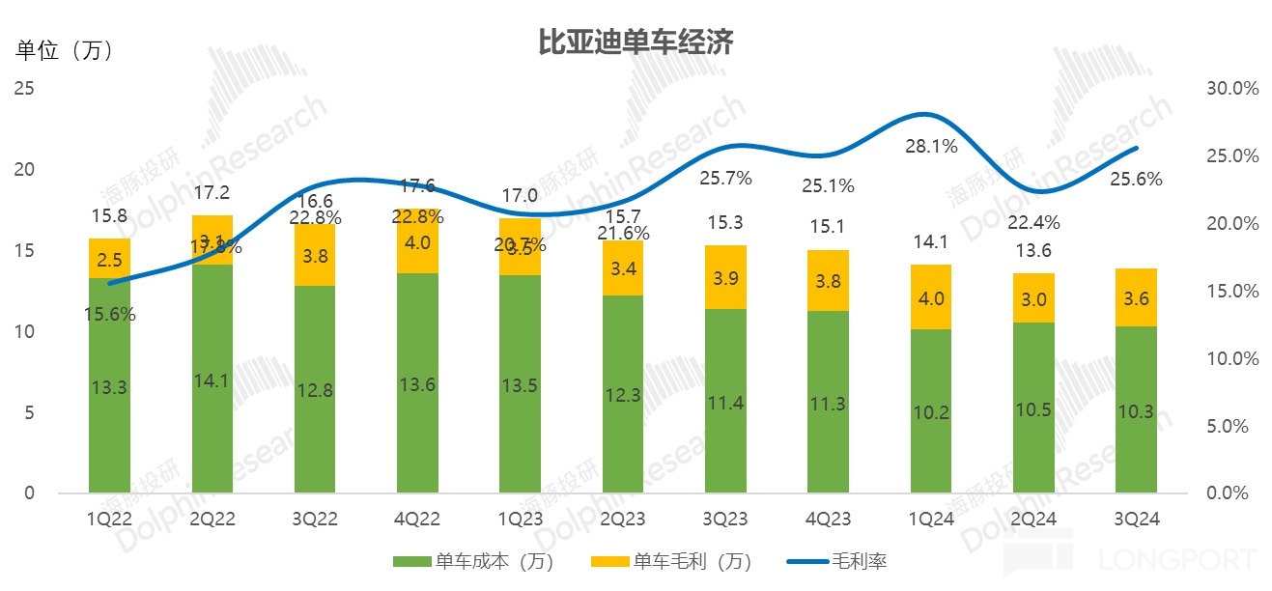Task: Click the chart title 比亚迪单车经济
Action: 636,42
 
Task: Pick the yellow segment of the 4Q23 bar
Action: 828,281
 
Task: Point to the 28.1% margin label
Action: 931,147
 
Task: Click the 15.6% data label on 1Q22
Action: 109,314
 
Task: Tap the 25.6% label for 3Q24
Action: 1136,179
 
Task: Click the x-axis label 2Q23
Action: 622,519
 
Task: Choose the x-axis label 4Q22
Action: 417,519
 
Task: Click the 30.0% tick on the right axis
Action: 1233,89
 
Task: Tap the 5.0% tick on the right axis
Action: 1233,426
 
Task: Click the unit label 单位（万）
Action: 66,50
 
